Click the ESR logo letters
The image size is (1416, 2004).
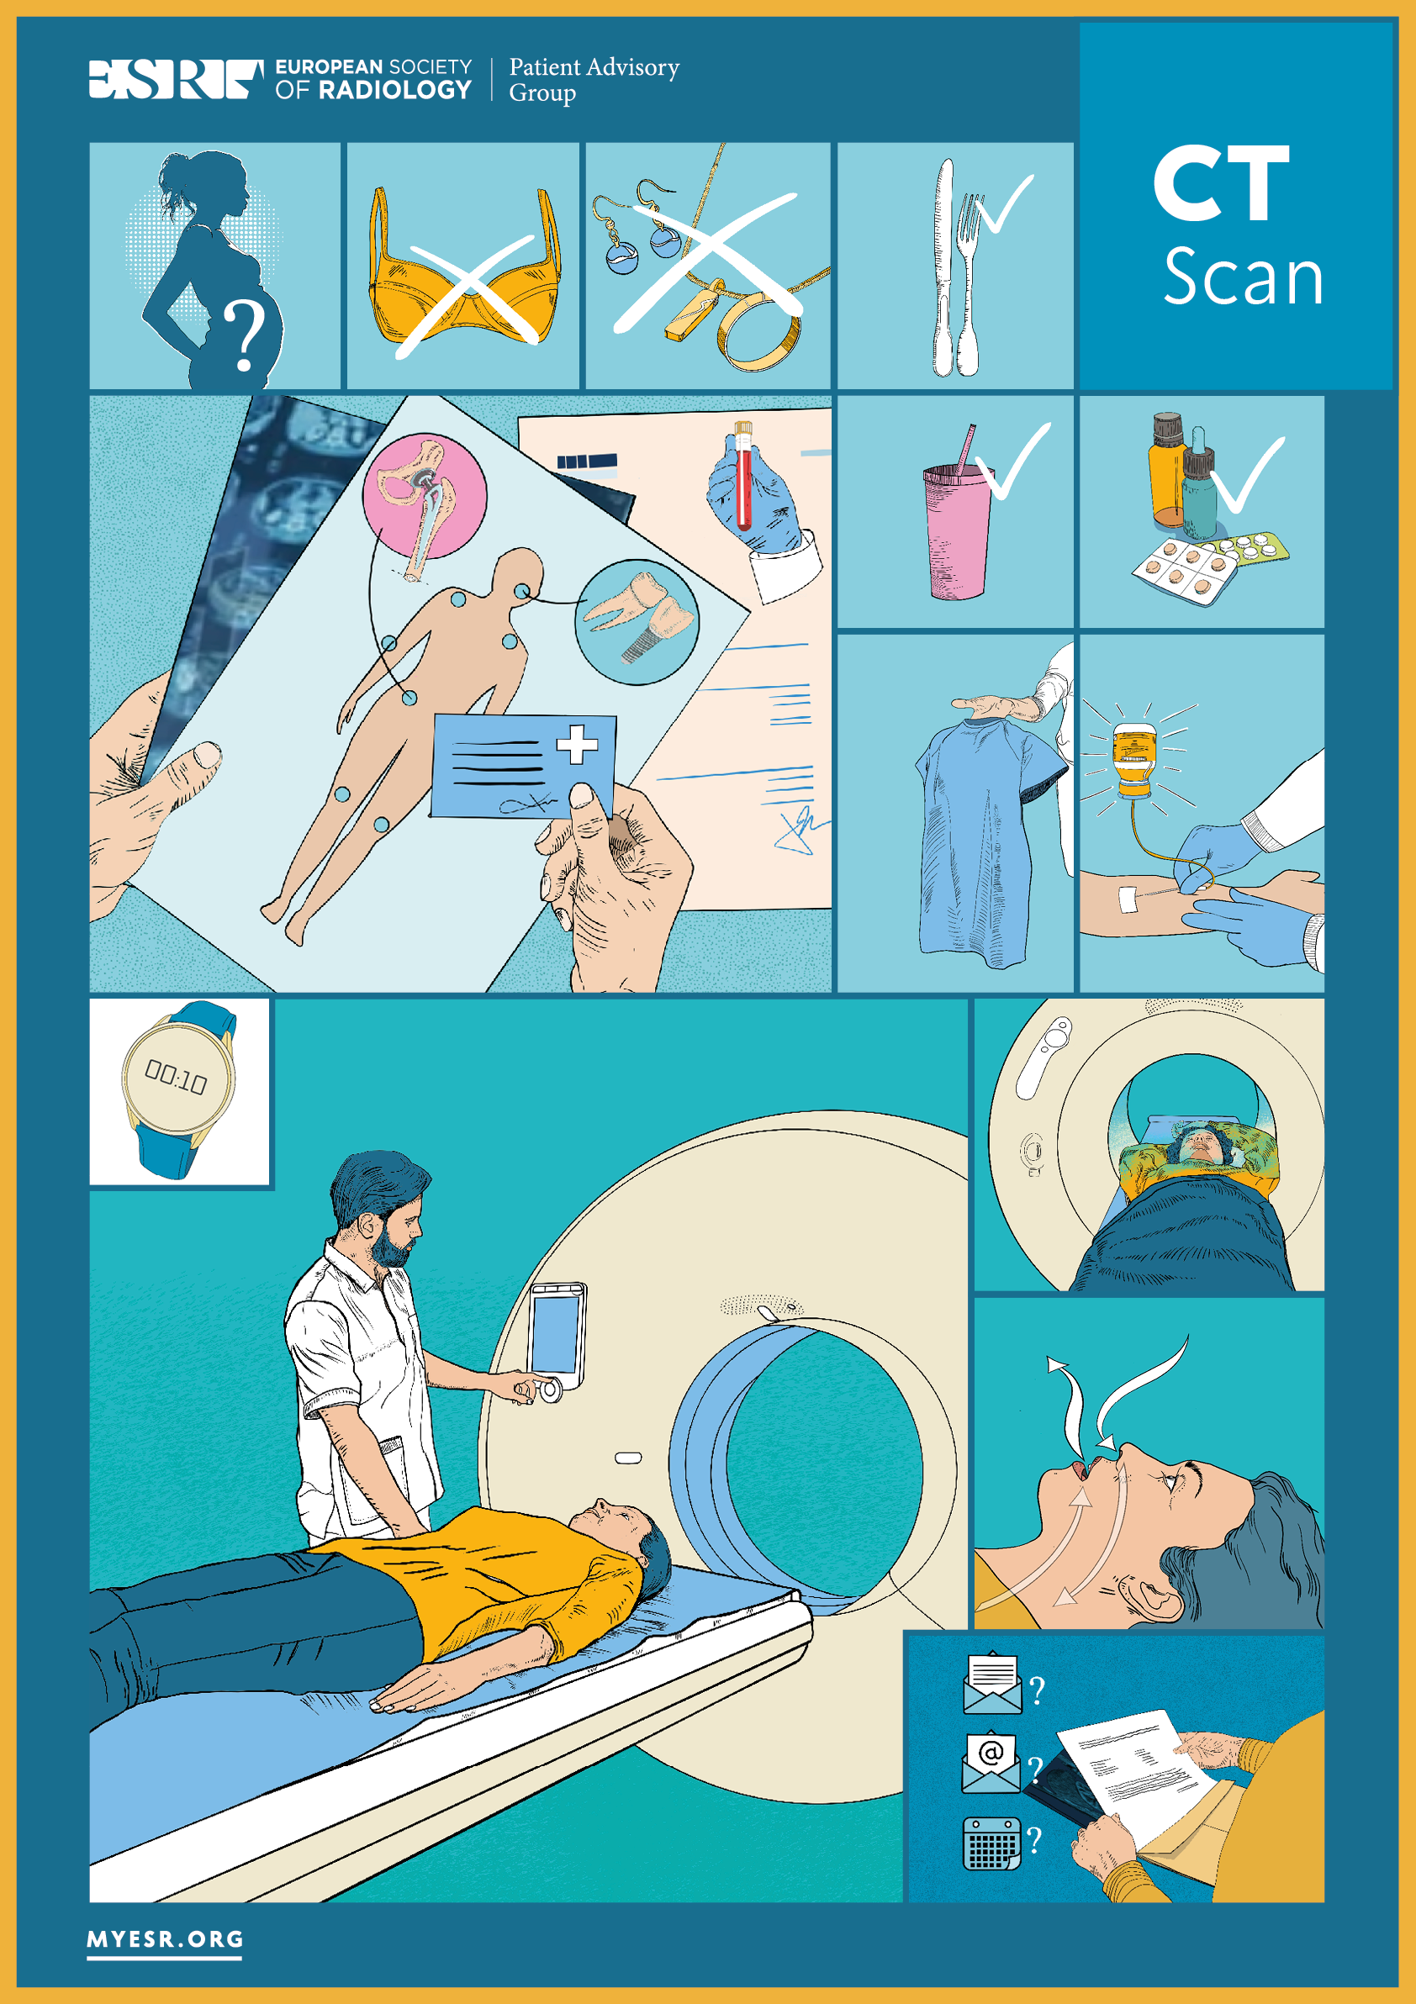pyautogui.click(x=176, y=78)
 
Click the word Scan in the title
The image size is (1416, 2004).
pyautogui.click(x=1243, y=276)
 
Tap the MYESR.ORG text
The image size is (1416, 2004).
pyautogui.click(x=165, y=1939)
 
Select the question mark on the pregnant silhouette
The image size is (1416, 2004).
pyautogui.click(x=245, y=336)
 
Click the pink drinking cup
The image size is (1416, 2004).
pyautogui.click(x=957, y=532)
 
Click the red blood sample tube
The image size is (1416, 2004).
pyautogui.click(x=743, y=476)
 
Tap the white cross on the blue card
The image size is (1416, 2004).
pyautogui.click(x=577, y=745)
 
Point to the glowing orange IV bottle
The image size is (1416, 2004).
pyautogui.click(x=1133, y=756)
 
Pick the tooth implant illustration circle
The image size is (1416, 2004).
pyautogui.click(x=637, y=622)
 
